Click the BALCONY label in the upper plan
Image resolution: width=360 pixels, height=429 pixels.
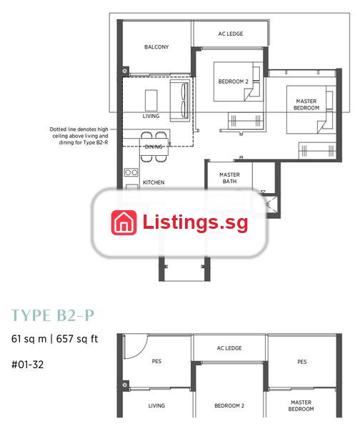coord(156,46)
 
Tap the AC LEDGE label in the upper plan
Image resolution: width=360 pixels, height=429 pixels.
coord(231,34)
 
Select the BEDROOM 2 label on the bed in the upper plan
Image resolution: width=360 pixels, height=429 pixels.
coord(233,82)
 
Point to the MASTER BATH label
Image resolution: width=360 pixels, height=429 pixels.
coord(229,178)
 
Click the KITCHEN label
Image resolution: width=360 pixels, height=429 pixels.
coord(154,182)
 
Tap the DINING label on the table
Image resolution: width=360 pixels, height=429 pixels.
coord(154,147)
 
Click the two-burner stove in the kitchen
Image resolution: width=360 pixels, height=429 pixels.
coord(131,172)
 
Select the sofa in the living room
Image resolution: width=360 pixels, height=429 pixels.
coord(179,100)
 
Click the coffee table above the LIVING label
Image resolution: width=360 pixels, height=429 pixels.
coord(151,100)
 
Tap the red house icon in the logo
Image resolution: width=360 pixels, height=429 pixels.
coord(124,222)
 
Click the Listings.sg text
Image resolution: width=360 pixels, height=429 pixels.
coord(195,222)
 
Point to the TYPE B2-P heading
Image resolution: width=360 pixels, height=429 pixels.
coord(53,315)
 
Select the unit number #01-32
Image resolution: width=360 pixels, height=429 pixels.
coord(27,365)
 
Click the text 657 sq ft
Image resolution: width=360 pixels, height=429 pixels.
coord(77,339)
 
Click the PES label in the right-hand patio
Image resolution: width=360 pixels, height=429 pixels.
coord(301,362)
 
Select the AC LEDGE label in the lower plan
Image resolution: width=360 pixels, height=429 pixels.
coord(229,348)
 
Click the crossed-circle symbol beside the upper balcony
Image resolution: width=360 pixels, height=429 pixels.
coord(125,71)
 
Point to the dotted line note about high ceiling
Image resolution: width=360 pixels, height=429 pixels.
coord(79,136)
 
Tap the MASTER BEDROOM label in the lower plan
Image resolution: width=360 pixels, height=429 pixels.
coord(301,405)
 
